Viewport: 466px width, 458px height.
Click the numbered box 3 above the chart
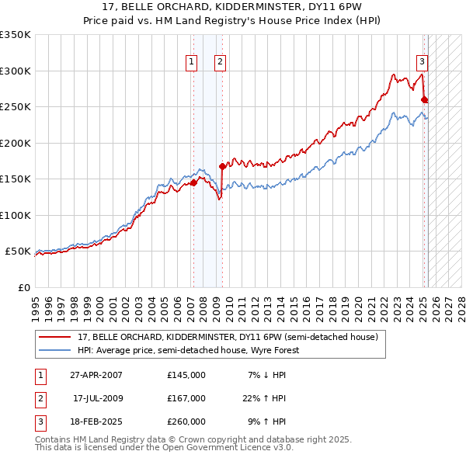tap(422, 63)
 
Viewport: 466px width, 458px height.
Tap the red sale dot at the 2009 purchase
tap(222, 165)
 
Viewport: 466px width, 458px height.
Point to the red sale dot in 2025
tap(424, 99)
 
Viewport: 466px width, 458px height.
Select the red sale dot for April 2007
tap(193, 183)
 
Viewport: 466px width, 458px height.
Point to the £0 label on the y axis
tap(23, 287)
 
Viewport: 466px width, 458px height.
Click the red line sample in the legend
tap(54, 338)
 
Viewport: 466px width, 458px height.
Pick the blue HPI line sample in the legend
tap(54, 350)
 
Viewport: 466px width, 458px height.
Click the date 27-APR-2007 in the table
tap(96, 375)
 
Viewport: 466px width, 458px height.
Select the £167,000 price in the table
tap(186, 398)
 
